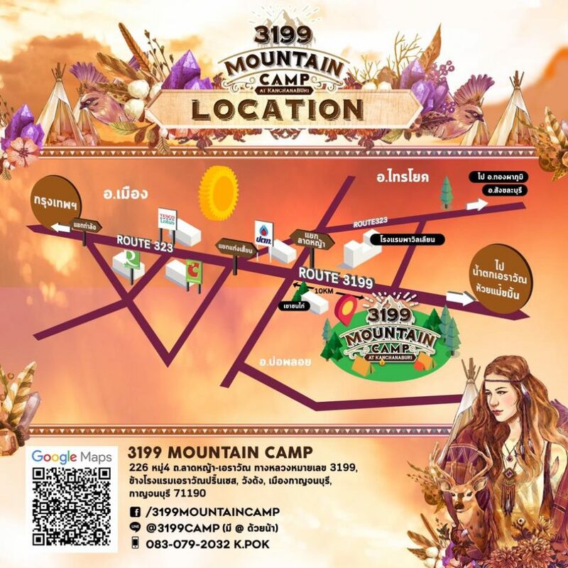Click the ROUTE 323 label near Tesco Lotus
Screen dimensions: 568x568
144,243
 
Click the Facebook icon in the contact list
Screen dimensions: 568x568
135,511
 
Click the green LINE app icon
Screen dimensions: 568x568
135,528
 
